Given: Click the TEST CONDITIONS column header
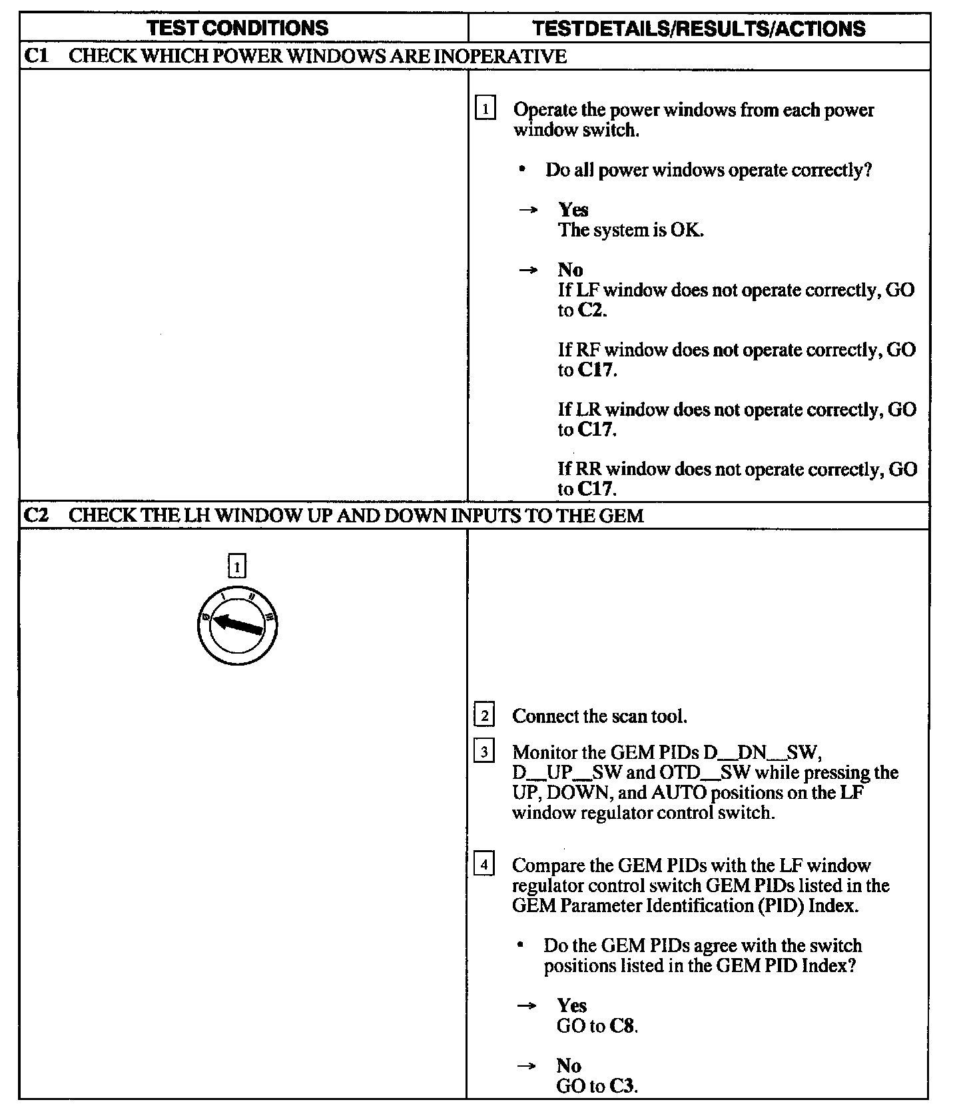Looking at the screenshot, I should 237,28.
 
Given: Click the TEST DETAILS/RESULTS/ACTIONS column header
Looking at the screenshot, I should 699,28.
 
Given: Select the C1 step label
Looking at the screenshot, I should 37,56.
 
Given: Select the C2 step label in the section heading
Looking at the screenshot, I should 37,515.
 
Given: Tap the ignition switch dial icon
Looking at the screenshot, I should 237,626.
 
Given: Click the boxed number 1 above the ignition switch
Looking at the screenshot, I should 237,567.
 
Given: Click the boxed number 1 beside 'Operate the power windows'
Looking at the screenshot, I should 485,108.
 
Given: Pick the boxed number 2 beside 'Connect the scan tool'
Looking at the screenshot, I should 484,716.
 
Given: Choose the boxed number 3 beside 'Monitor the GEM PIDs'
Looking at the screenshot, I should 484,752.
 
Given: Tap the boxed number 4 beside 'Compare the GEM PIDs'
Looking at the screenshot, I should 484,865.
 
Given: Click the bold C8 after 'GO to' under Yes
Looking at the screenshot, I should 623,1026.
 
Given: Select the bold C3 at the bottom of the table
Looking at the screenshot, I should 623,1086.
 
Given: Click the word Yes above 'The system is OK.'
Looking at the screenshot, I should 573,210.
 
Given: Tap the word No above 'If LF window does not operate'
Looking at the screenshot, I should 570,270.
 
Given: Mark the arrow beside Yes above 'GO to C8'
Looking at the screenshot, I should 527,1006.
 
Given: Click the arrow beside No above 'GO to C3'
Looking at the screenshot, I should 527,1066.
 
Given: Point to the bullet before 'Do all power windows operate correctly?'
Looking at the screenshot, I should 523,170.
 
